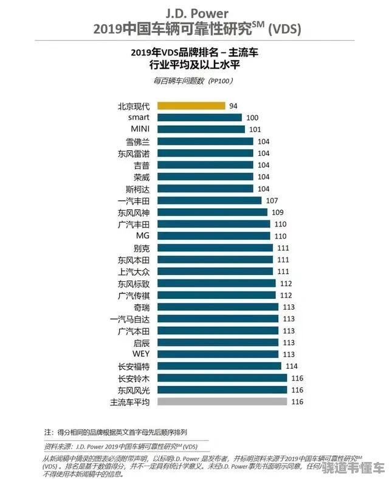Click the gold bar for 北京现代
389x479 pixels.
[x=191, y=106]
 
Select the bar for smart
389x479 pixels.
[x=199, y=117]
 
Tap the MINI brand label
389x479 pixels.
[x=140, y=129]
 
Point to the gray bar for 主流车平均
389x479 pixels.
[x=222, y=402]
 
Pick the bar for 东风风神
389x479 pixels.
[x=212, y=212]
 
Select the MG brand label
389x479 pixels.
[x=142, y=236]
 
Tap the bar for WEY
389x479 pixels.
[x=218, y=354]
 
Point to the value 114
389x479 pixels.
[x=292, y=366]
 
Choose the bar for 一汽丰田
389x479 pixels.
[x=210, y=200]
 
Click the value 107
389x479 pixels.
[x=272, y=200]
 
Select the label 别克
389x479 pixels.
[x=141, y=248]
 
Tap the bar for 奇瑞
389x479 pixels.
[x=218, y=307]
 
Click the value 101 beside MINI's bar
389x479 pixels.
[x=254, y=129]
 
